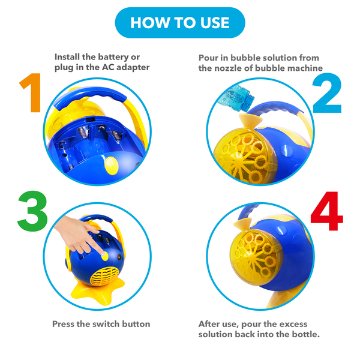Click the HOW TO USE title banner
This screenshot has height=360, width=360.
[180, 23]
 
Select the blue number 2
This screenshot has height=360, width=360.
[327, 93]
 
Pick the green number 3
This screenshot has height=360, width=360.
[32, 211]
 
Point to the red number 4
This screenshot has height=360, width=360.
[327, 211]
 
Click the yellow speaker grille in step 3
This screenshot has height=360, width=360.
[104, 276]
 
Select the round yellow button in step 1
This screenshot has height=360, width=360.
[112, 166]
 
